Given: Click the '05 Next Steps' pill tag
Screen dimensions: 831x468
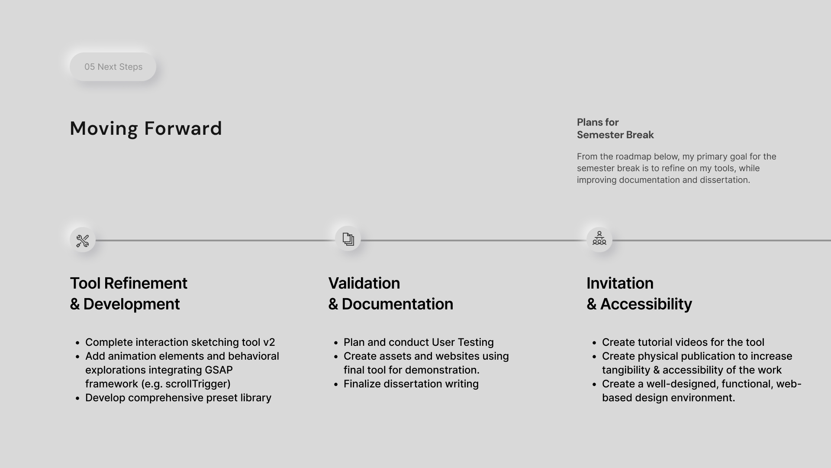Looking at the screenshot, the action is click(113, 67).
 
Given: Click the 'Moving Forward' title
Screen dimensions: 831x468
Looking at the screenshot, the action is click(146, 129).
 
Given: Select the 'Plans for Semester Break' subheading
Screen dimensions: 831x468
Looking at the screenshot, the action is click(615, 129).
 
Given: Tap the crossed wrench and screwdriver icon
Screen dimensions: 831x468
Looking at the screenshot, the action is click(83, 240).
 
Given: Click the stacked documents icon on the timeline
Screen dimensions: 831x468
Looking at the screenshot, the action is click(348, 239).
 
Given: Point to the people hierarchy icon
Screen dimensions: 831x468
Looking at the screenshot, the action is click(599, 238).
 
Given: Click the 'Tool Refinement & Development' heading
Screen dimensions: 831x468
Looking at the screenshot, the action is click(129, 294).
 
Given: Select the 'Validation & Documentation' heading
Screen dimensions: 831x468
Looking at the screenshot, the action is click(390, 294).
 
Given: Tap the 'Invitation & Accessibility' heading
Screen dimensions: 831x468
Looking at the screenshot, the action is click(639, 294).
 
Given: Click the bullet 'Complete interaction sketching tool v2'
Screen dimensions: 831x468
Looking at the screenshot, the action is click(180, 342).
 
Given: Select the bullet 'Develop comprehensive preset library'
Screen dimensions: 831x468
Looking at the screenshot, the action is click(178, 398).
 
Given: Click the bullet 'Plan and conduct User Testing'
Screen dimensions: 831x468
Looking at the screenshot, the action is click(419, 342).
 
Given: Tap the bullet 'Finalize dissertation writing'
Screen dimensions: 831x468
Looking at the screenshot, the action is click(411, 384).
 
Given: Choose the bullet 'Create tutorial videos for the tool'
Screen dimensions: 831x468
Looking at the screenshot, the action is click(683, 342).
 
